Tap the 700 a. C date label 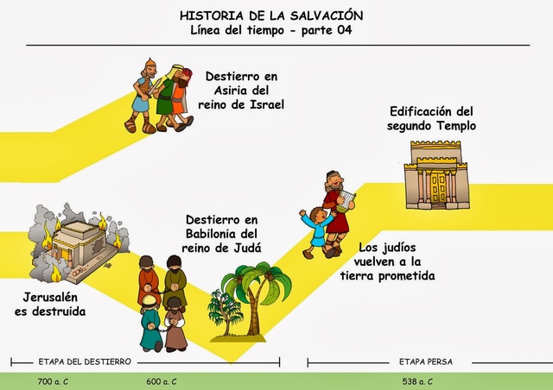(x=54, y=381)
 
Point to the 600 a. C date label (x=162, y=381)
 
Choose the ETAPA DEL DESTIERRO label (x=84, y=362)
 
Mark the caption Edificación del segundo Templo (x=433, y=119)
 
